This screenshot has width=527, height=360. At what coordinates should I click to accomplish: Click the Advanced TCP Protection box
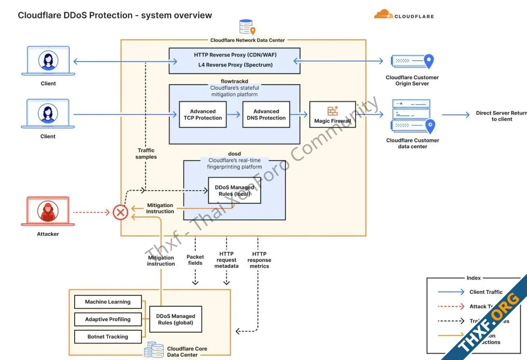(203, 115)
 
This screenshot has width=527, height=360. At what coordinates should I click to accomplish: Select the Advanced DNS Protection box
(266, 115)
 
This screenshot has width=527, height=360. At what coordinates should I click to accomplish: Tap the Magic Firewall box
(332, 115)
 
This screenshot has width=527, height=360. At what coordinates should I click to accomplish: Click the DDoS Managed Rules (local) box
(234, 190)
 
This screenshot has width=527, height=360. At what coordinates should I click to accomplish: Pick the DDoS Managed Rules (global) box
(175, 319)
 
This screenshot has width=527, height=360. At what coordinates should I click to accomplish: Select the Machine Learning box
(108, 302)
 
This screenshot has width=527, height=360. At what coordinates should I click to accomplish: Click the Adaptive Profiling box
(108, 319)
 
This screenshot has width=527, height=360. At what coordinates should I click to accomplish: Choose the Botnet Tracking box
(108, 337)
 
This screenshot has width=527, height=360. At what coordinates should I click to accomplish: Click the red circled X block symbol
(120, 212)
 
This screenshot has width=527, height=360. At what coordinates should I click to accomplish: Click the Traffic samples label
(146, 154)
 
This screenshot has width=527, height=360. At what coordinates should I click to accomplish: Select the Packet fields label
(195, 260)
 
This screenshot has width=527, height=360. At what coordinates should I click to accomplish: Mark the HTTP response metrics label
(259, 260)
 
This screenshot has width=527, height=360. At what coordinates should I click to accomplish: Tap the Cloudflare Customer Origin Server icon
(412, 61)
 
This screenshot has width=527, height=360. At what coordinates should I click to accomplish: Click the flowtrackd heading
(234, 81)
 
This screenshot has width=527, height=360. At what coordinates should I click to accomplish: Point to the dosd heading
(234, 154)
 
